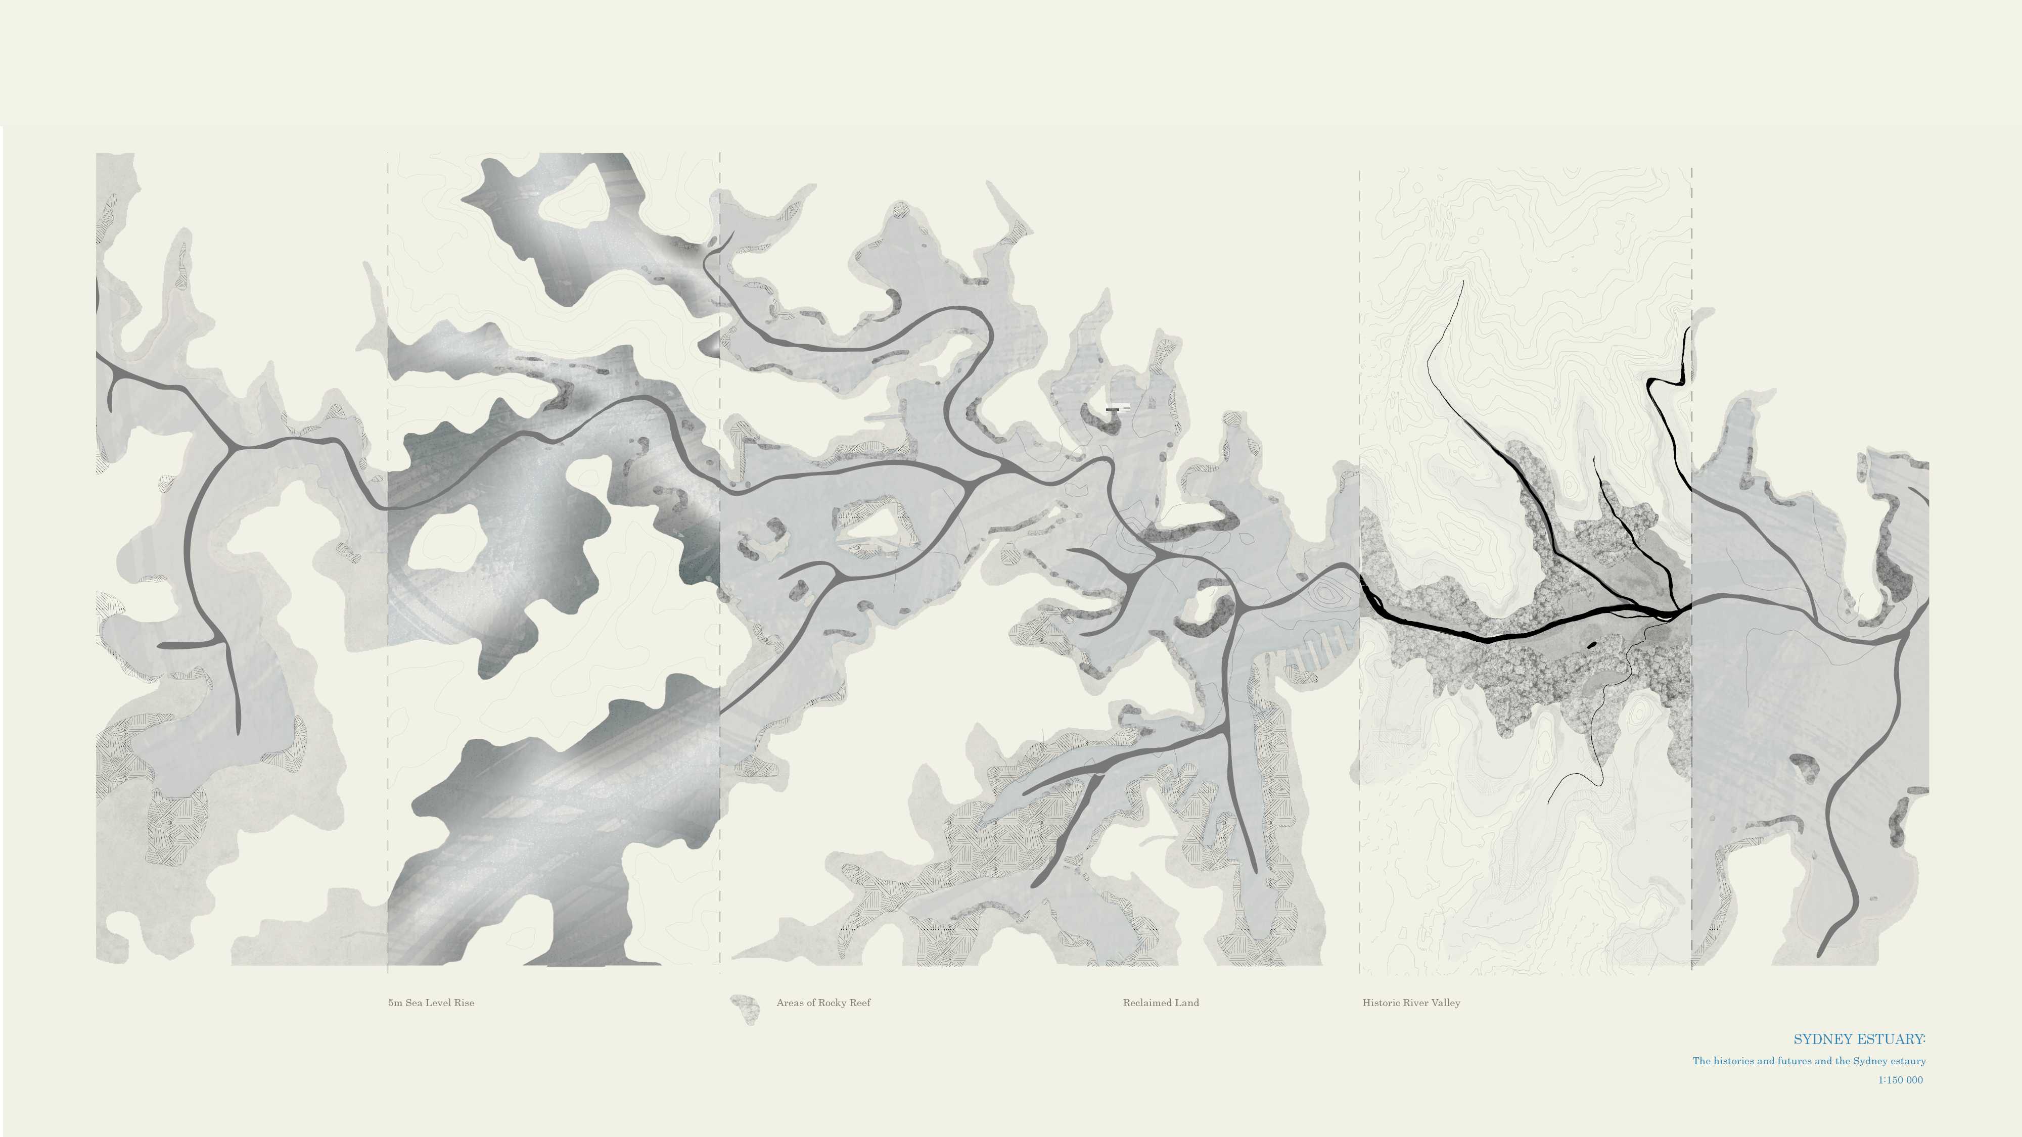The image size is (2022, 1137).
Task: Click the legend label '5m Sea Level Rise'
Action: [x=431, y=1003]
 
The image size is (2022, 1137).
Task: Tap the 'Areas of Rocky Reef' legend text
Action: [x=823, y=1003]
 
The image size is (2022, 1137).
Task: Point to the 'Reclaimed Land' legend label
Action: [x=1161, y=1003]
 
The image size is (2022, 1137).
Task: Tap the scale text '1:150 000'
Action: [x=1900, y=1080]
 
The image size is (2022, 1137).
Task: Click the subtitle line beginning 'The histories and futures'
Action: [x=1809, y=1061]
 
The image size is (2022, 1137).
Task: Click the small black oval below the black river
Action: [x=1592, y=645]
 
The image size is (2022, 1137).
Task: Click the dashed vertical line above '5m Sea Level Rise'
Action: [x=388, y=549]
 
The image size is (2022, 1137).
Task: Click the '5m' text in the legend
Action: [x=395, y=1003]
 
